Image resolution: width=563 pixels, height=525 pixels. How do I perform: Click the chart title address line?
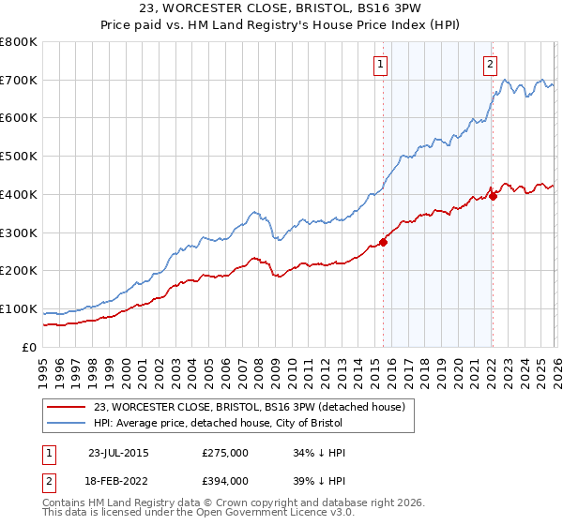pos(281,10)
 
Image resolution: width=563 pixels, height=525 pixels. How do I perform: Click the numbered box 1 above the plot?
pos(381,65)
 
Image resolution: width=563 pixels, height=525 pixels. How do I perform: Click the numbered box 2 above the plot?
pos(490,65)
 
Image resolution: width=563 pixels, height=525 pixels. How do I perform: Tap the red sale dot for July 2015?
pos(383,241)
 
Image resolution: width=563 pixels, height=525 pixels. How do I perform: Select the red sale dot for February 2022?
pos(493,196)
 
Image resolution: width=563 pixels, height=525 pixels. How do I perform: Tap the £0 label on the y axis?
pos(28,347)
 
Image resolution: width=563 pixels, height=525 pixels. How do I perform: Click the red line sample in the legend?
pos(68,407)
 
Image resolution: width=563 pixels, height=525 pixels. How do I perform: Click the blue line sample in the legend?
pos(68,423)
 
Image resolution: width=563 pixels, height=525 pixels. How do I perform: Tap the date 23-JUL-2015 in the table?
pos(117,453)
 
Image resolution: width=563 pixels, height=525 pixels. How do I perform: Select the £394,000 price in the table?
pos(225,480)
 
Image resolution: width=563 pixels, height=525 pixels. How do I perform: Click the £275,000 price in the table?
pos(225,453)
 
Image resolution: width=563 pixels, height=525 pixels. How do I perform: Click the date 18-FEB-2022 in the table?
pos(117,480)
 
